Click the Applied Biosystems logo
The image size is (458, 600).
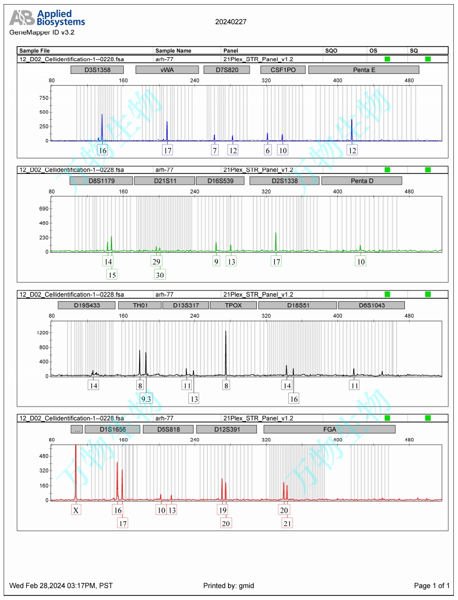pos(47,18)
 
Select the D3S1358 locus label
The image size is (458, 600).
pos(97,70)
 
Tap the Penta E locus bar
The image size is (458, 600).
pos(364,70)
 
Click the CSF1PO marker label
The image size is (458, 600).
pos(283,70)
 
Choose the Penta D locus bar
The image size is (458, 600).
pos(361,181)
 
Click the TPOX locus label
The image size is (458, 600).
pos(233,305)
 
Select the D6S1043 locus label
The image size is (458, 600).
pos(371,305)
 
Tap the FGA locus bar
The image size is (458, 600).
pos(329,429)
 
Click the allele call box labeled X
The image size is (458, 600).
pos(76,510)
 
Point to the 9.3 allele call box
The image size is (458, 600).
pos(146,399)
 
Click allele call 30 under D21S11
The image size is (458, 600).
pos(160,274)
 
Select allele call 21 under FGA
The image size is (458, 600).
pos(287,523)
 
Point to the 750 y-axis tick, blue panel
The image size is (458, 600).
pos(43,98)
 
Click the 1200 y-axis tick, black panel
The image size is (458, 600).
pos(41,333)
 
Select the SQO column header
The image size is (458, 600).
pos(331,51)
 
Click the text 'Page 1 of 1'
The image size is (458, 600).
pos(432,586)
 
